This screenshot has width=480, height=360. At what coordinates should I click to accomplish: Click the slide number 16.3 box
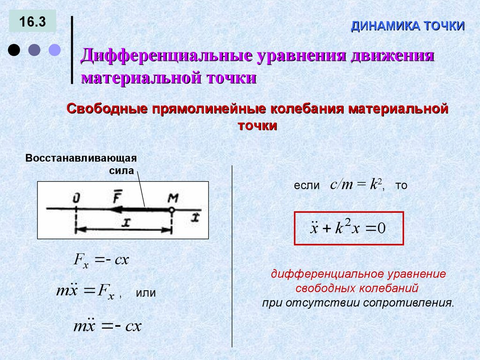[32, 22]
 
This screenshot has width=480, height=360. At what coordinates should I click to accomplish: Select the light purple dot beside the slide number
[55, 50]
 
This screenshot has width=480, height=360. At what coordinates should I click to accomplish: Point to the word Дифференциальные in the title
[166, 56]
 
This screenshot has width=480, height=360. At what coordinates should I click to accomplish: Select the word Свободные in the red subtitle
[106, 109]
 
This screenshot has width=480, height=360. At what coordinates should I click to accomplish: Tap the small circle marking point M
[172, 210]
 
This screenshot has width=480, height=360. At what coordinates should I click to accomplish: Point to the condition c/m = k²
[357, 185]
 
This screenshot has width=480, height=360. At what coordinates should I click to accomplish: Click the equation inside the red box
[348, 228]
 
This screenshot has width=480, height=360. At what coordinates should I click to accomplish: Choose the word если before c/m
[306, 186]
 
